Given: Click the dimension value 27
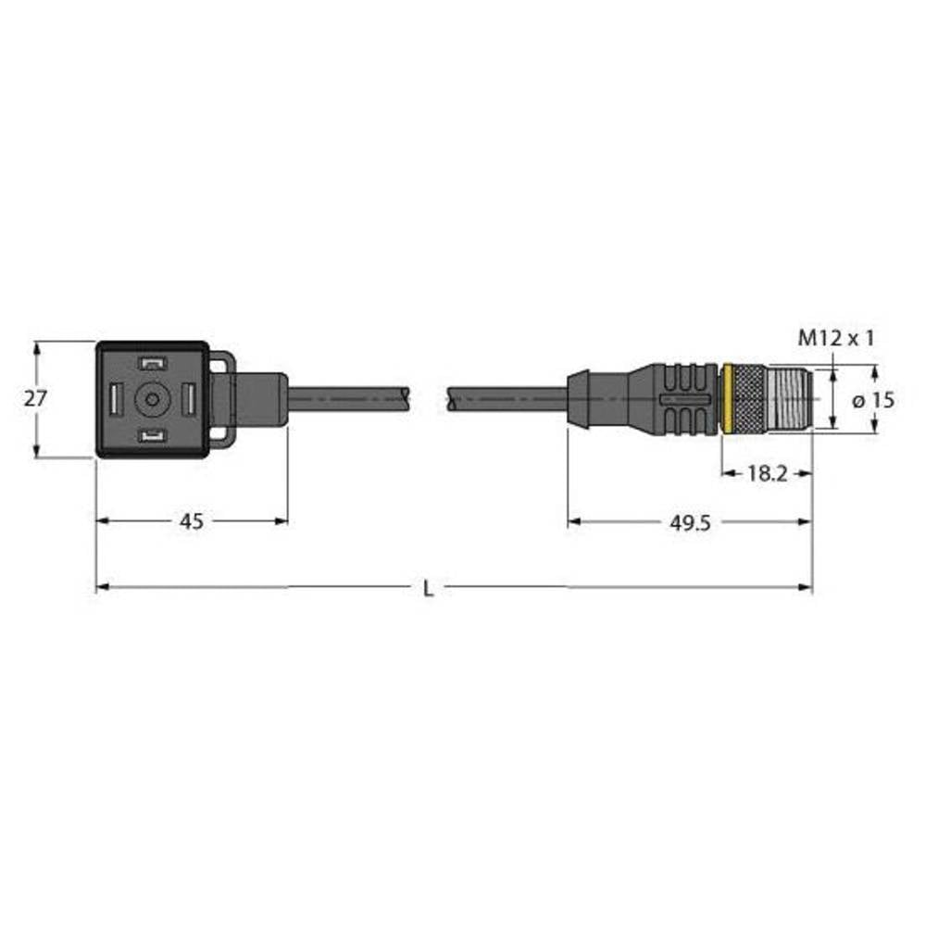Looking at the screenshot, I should [x=35, y=399].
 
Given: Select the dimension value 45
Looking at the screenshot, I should [x=191, y=522].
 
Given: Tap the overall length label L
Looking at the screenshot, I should [x=427, y=588].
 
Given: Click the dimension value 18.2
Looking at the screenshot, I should [x=766, y=473].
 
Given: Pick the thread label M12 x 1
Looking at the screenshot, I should [x=836, y=340].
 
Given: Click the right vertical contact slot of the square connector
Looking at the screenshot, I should [x=185, y=400].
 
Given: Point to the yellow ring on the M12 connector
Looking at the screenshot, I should [x=727, y=399].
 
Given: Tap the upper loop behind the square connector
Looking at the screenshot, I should [x=221, y=363].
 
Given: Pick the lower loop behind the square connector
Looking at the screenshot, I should [x=221, y=434].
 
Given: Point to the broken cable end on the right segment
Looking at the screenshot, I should [x=451, y=399].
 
